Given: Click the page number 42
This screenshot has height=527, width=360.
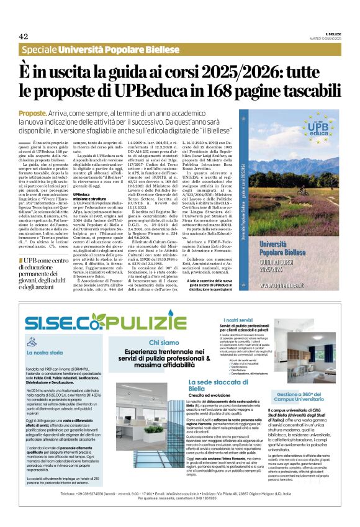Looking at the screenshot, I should point(24,36).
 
